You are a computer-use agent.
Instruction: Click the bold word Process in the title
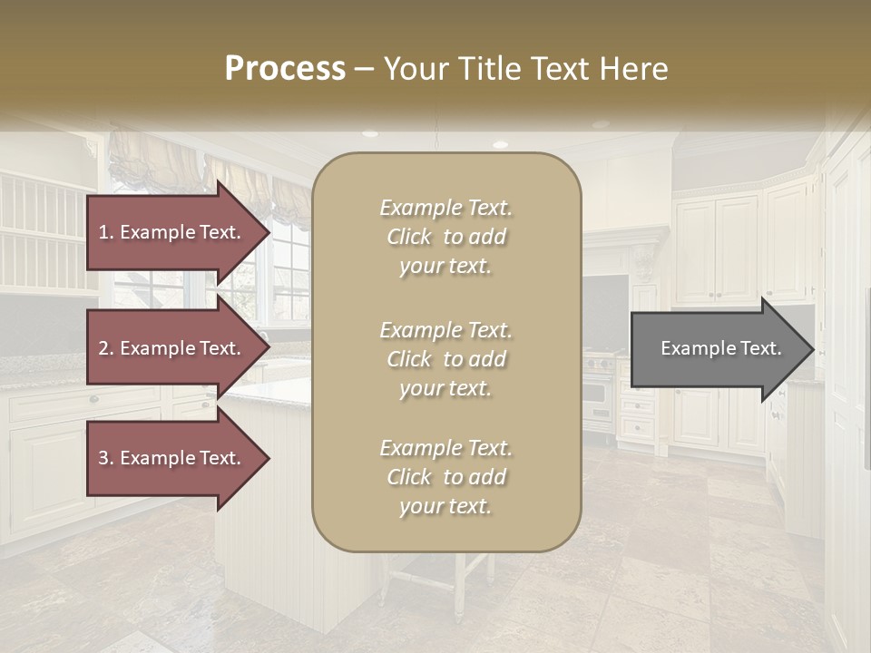pos(285,69)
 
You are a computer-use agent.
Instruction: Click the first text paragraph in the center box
pos(445,237)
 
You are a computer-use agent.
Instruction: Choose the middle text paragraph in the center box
pos(445,359)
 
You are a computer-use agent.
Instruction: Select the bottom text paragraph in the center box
pos(445,477)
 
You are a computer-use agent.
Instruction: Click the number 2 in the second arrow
pos(104,348)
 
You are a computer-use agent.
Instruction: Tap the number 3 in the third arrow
pos(104,458)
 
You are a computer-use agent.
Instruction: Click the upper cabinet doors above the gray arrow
pos(717,249)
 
